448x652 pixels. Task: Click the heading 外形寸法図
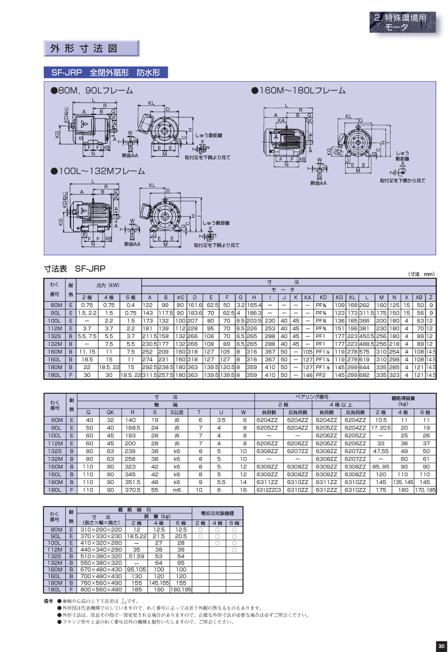(82, 48)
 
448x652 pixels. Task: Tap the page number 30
(440, 646)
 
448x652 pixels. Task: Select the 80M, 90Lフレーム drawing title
(92, 90)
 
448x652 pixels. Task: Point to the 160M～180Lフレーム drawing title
(298, 90)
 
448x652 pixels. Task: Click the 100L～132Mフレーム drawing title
(99, 171)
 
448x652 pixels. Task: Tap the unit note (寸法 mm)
(422, 274)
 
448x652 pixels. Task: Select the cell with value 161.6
(195, 305)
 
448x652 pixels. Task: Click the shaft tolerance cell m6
(177, 490)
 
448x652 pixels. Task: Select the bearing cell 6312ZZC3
(267, 490)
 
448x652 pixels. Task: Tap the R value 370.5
(133, 490)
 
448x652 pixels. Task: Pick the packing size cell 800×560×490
(102, 589)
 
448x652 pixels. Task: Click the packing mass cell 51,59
(137, 556)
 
